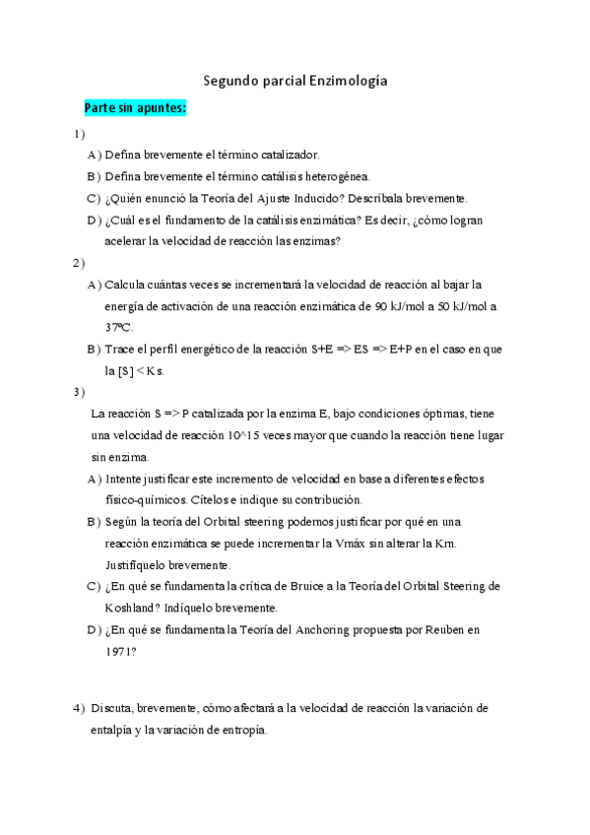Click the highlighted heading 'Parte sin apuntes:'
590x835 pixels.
click(135, 108)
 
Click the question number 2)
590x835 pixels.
click(79, 263)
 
